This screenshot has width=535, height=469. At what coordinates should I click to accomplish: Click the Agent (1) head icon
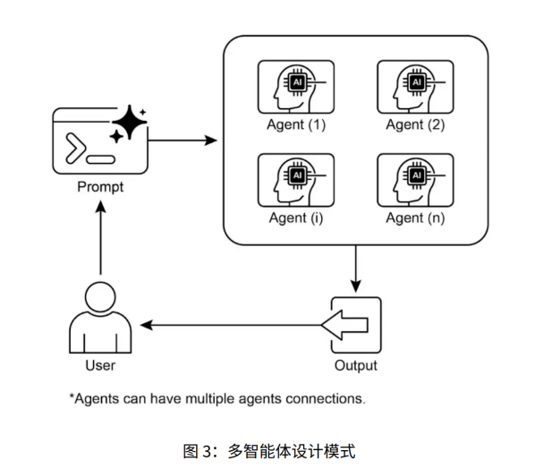(295, 87)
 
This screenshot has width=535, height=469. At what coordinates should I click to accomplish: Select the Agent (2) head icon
(414, 87)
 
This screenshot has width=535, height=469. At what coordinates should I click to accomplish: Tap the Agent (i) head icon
(295, 181)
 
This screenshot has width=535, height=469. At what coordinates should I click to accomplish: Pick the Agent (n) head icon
(414, 181)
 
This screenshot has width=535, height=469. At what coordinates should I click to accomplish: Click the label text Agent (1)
(296, 125)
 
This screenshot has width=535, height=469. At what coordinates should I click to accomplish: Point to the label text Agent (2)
(415, 125)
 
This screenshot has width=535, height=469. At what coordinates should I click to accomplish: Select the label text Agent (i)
(296, 218)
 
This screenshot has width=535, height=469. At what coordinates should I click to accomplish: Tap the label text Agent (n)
(415, 218)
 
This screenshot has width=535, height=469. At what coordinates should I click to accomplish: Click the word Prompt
(100, 188)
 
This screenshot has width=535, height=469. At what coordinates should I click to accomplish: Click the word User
(100, 365)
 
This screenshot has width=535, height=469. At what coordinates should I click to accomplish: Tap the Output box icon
(355, 324)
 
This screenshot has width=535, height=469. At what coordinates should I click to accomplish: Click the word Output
(355, 365)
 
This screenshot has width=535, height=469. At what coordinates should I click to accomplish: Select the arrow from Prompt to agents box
(183, 141)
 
